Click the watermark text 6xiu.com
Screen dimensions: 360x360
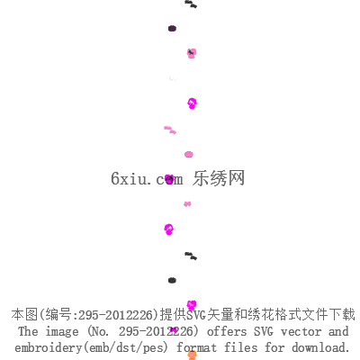[147, 178]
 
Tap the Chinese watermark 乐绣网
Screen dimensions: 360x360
[219, 178]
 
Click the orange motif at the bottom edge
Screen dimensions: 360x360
[193, 355]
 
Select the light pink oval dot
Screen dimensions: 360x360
[189, 155]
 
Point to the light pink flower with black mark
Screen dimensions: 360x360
[192, 53]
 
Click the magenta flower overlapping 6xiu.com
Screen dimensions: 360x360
[169, 179]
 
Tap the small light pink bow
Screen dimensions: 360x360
[187, 204]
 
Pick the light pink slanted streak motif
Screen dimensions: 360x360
[170, 130]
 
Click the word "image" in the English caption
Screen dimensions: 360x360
[62, 332]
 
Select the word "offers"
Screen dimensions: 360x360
[227, 331]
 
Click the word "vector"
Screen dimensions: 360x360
[301, 331]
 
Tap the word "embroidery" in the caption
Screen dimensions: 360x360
[48, 348]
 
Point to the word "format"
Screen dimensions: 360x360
[196, 347]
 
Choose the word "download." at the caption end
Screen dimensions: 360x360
[320, 347]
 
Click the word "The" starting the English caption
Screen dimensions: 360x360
[28, 331]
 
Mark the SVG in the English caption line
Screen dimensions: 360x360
[264, 331]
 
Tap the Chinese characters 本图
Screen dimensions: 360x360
[24, 315]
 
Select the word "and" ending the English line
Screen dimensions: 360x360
[338, 331]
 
